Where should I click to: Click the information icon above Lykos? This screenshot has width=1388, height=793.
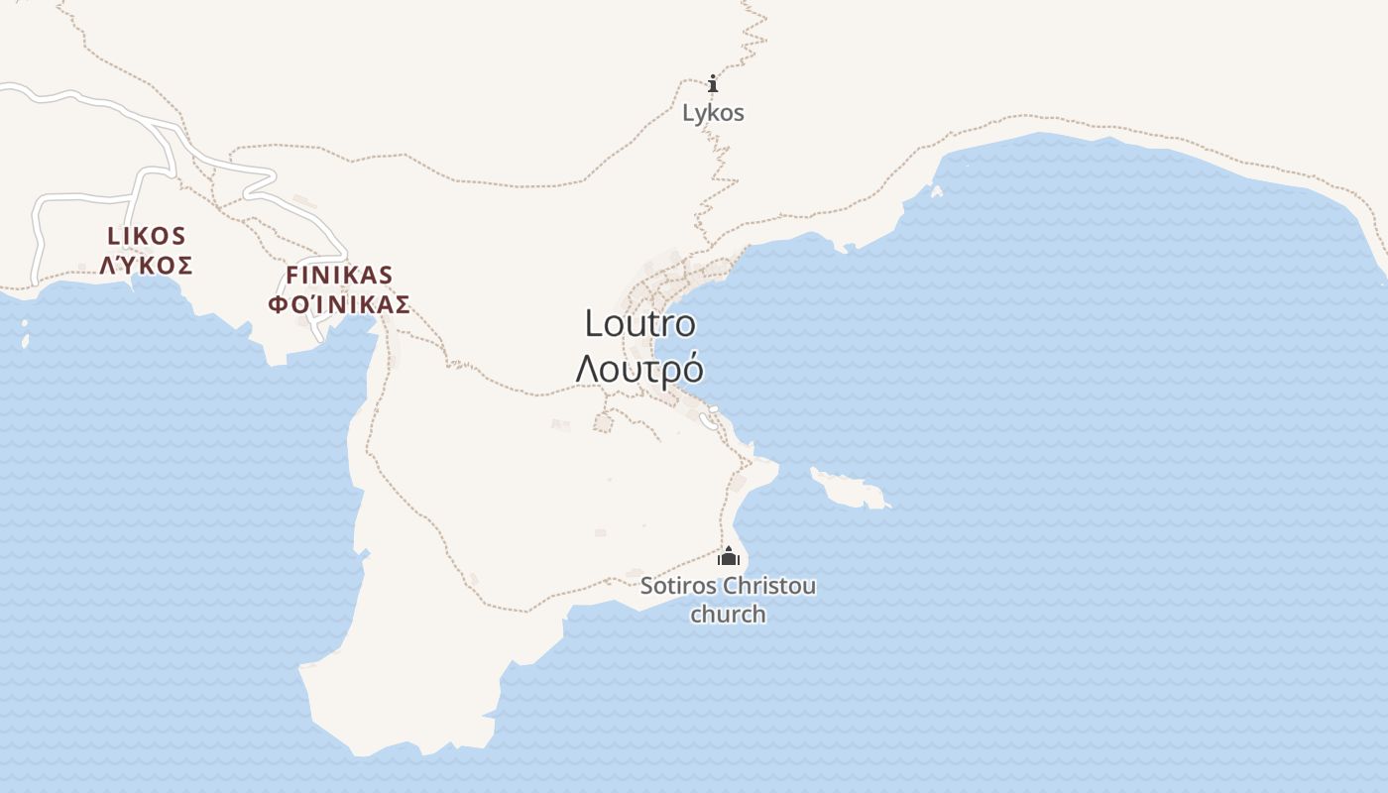click(712, 83)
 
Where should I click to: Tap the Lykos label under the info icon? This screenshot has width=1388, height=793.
click(713, 113)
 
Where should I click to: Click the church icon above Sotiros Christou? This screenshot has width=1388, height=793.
click(729, 556)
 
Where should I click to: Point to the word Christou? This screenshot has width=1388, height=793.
click(769, 586)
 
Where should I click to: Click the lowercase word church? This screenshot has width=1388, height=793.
click(728, 615)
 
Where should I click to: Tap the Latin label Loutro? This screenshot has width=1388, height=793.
click(639, 324)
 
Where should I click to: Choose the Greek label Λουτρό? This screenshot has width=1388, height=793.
click(639, 369)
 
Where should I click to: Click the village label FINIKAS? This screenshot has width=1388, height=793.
click(339, 276)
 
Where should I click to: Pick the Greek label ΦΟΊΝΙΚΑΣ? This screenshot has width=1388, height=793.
click(339, 304)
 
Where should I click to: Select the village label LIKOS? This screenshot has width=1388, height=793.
click(147, 236)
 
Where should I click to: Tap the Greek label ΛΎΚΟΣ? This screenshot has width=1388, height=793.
click(147, 266)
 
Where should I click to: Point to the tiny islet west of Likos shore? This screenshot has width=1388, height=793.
click(25, 341)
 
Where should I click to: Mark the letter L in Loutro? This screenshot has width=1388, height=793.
click(593, 324)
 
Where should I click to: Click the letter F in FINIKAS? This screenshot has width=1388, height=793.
click(291, 276)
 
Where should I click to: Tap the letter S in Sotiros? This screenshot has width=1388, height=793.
click(647, 586)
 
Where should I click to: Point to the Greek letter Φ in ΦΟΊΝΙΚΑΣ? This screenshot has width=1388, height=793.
click(278, 304)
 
